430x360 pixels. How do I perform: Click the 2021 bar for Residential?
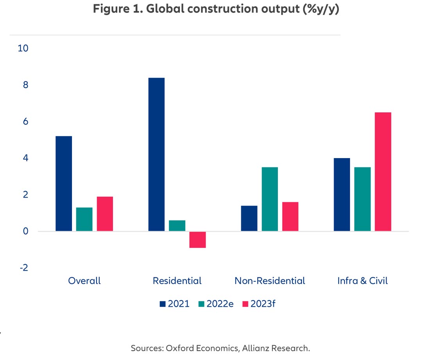[x=156, y=154]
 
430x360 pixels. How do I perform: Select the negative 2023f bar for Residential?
[x=197, y=239]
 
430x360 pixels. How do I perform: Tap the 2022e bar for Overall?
[x=84, y=219]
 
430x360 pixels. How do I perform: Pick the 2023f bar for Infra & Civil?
[x=383, y=171]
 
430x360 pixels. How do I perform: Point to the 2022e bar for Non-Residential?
[x=270, y=199]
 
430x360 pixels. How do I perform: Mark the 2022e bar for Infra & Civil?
[x=362, y=199]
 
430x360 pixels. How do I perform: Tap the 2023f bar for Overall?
[x=105, y=214]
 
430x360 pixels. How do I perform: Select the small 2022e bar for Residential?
[x=177, y=226]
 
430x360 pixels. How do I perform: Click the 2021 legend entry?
[x=174, y=304]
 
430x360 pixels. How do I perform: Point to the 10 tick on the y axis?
[x=23, y=49]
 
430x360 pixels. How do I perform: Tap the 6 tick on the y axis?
[x=25, y=122]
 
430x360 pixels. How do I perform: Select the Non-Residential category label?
[x=270, y=281]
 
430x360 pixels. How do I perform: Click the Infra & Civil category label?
[x=362, y=281]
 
